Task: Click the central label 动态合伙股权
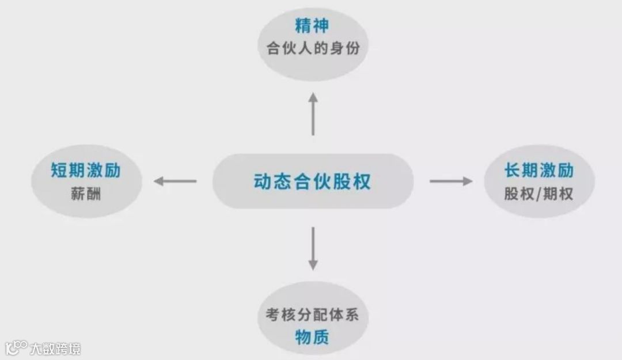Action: (x=312, y=181)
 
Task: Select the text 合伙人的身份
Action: (x=313, y=48)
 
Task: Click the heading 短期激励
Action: (x=86, y=171)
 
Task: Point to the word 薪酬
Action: (x=86, y=194)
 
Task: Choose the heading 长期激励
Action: (x=539, y=171)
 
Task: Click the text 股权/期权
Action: (x=539, y=194)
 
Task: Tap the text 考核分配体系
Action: (x=313, y=315)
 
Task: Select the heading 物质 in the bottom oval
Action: (x=312, y=337)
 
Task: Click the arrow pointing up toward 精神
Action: (x=313, y=113)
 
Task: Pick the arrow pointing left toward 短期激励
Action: (x=175, y=181)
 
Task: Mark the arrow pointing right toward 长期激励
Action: (x=451, y=181)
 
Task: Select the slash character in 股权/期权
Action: (x=539, y=194)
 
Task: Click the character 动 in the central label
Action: (x=262, y=181)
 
